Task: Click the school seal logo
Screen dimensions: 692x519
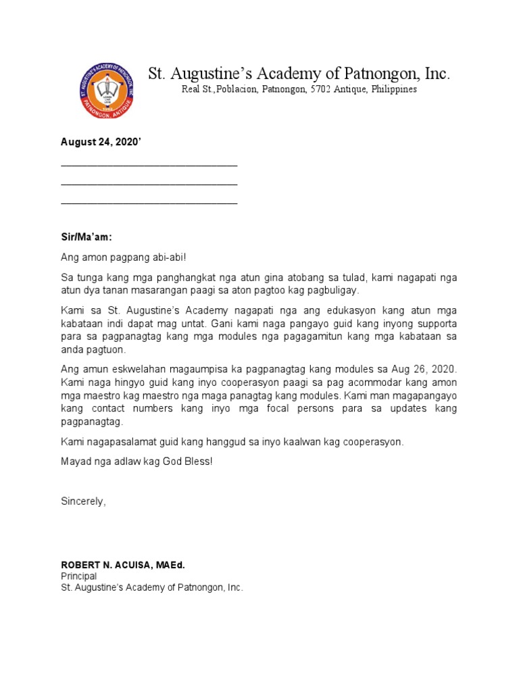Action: (x=105, y=91)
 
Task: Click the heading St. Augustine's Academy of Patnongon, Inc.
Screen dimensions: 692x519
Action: (x=299, y=74)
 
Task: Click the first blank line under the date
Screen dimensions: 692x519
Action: (x=149, y=165)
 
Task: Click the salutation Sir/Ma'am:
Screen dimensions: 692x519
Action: (x=86, y=238)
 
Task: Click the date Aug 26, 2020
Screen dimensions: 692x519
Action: (x=426, y=370)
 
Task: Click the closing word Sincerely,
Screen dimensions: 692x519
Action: (x=83, y=501)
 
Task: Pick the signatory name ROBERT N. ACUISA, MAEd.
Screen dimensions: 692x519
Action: (x=122, y=564)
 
